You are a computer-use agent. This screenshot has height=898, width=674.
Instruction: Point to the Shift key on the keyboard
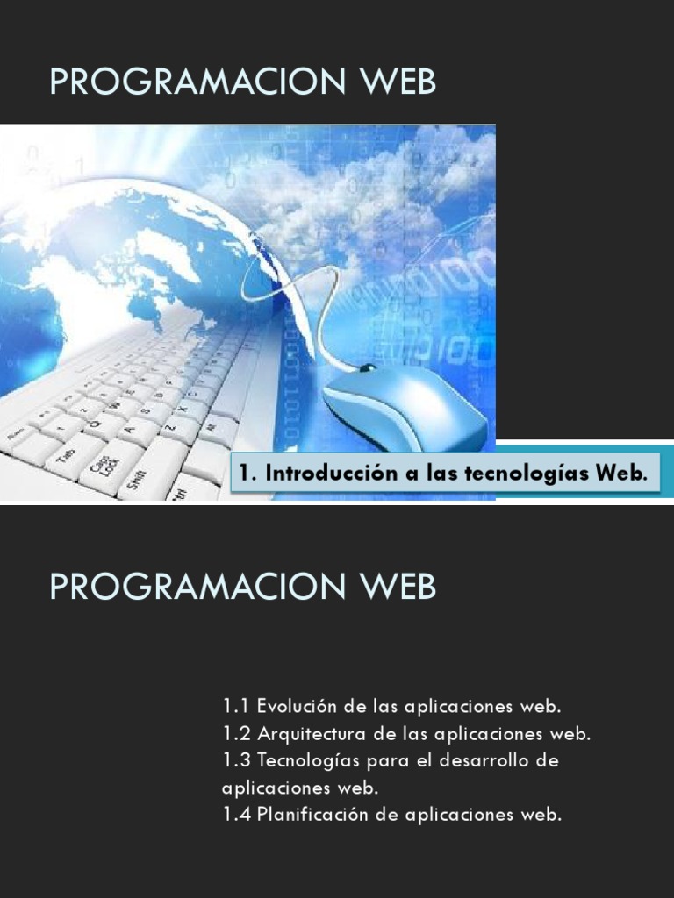pos(137,479)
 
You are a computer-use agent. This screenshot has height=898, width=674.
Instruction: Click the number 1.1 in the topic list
pos(236,706)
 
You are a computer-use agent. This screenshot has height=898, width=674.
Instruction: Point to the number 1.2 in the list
pos(237,733)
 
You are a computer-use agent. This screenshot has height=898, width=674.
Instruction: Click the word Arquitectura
pos(312,733)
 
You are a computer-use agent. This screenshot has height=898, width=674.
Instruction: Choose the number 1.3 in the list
pos(237,760)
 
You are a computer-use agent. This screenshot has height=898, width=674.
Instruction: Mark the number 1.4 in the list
pos(237,815)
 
